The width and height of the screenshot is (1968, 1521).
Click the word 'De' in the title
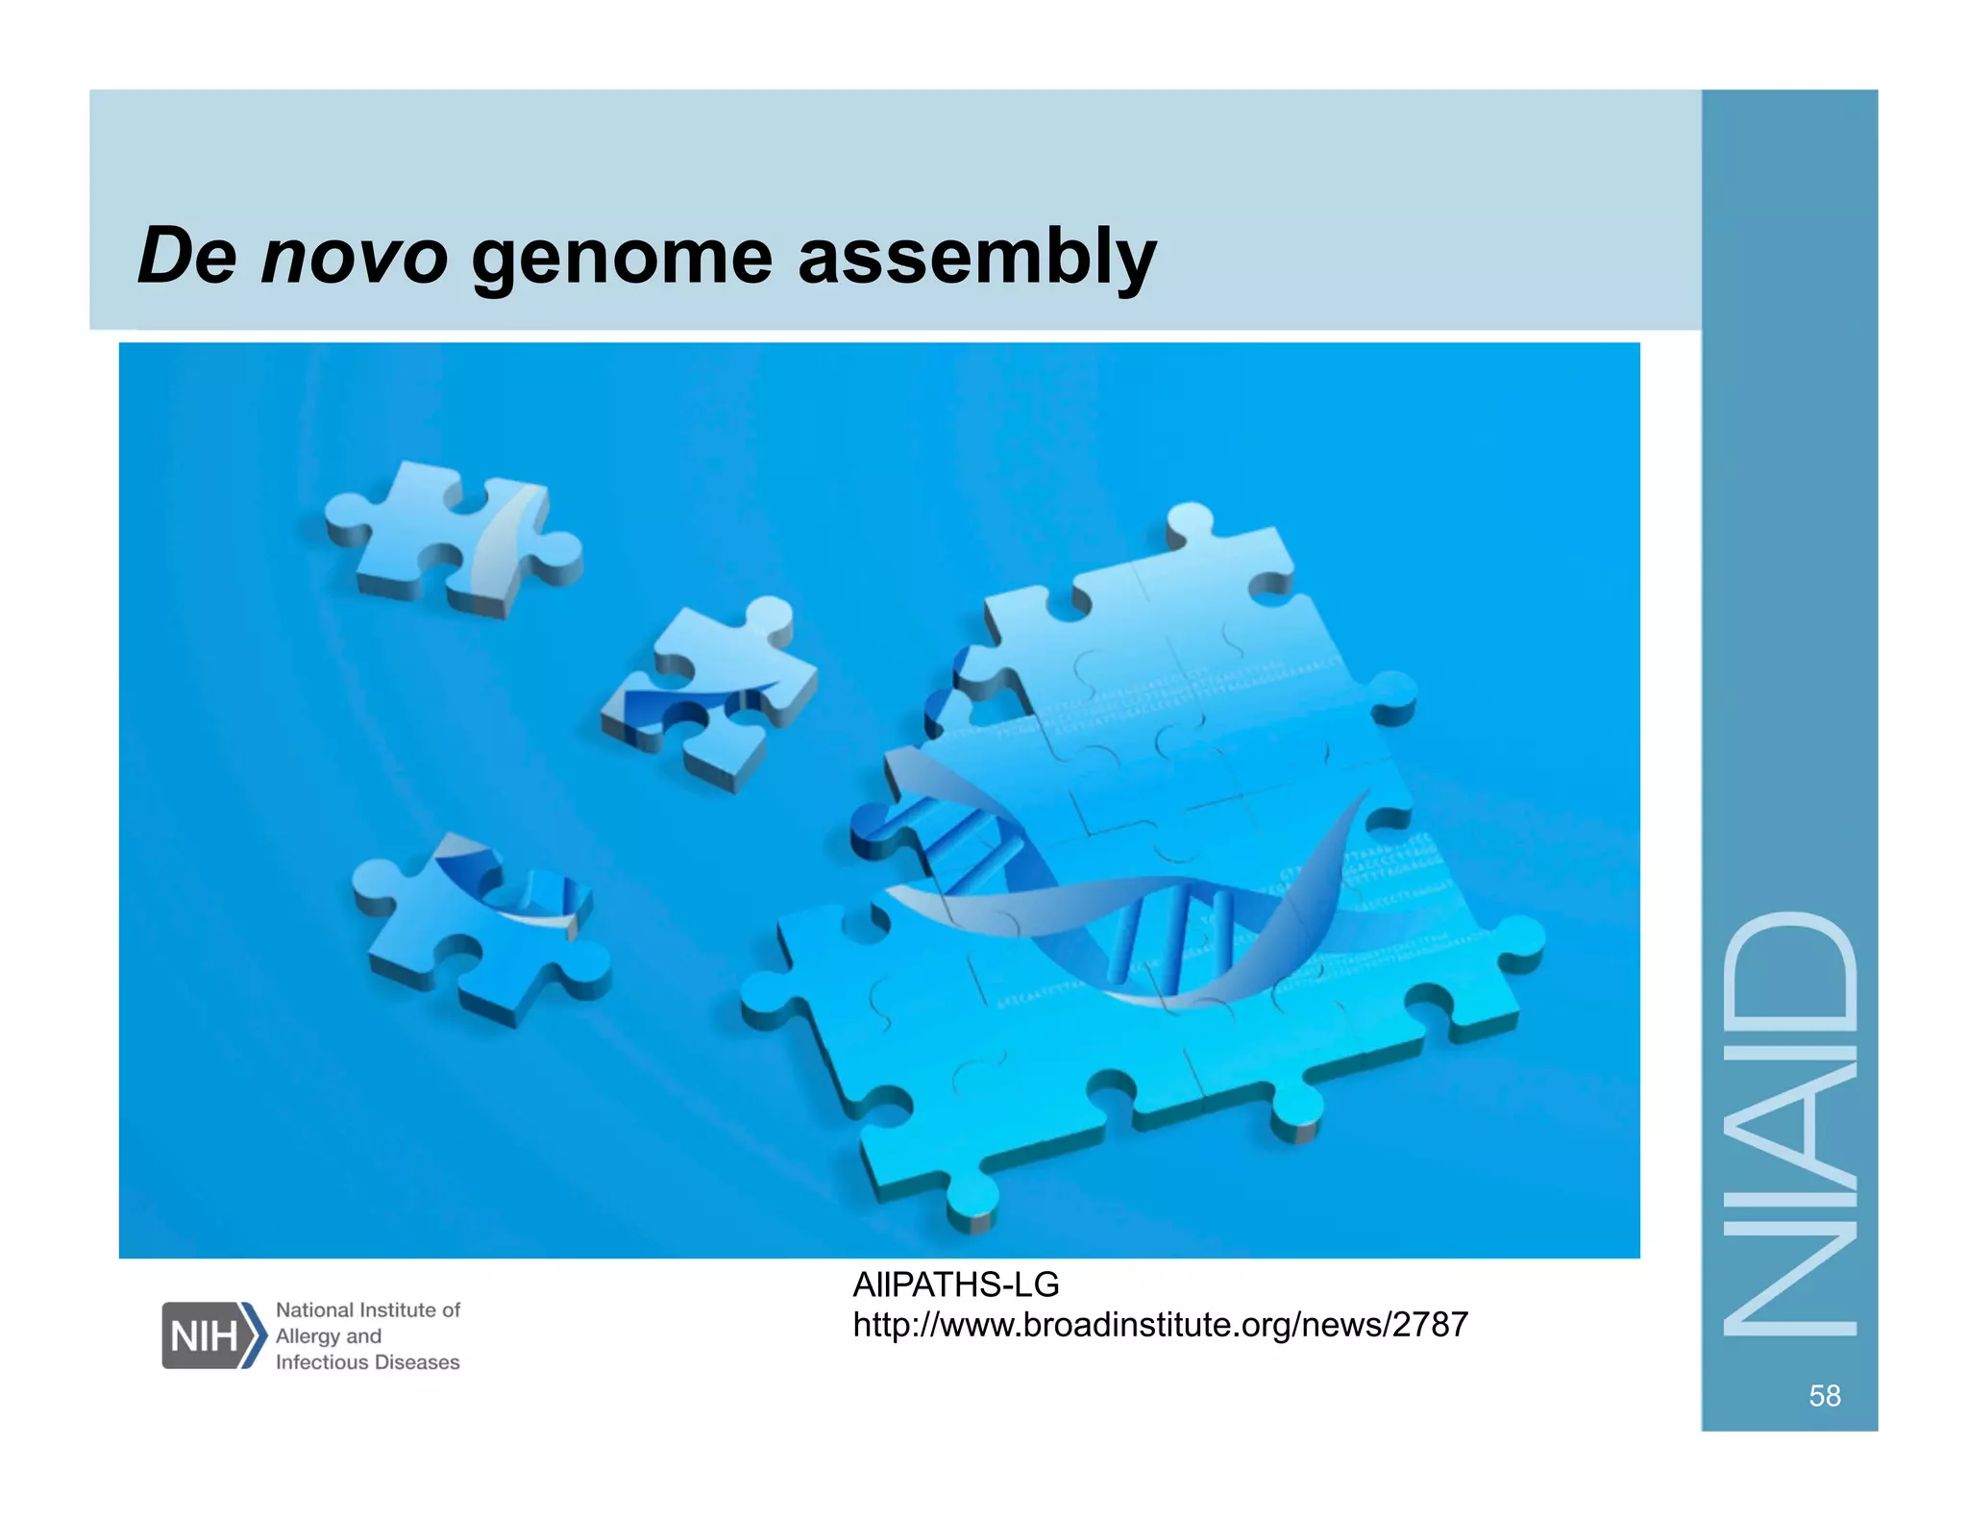186,257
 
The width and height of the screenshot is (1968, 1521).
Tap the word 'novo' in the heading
354,257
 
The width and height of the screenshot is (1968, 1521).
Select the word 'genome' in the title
622,257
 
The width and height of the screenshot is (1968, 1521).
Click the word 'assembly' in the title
976,257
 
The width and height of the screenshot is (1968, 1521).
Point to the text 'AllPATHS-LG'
955,1284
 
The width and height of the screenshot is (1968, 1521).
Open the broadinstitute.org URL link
1160,1325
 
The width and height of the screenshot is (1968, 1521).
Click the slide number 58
1824,1395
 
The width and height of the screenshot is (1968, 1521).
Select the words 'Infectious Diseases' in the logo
367,1362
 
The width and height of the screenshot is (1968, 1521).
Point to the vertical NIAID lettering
1789,1125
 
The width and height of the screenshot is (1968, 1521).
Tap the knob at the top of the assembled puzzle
1190,524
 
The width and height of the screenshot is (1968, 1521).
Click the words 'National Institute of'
367,1309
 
